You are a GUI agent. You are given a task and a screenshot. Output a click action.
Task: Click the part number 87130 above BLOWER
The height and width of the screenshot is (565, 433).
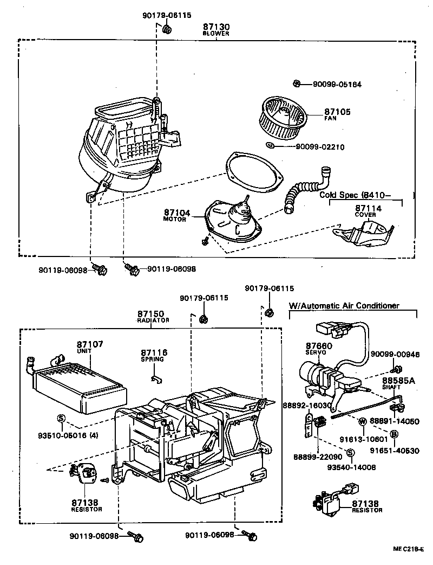pos(216,27)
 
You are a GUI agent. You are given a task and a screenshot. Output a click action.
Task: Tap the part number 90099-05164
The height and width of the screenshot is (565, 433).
pos(337,84)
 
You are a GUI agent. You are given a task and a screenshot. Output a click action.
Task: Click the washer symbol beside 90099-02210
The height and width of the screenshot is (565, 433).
pos(270,145)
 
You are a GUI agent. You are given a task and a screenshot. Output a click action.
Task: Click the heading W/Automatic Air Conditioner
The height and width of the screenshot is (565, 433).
pos(344,306)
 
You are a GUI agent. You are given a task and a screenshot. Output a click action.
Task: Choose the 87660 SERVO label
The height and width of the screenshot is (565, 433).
pos(319,348)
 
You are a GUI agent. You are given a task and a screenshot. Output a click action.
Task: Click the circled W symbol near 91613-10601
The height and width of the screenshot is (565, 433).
pos(362,421)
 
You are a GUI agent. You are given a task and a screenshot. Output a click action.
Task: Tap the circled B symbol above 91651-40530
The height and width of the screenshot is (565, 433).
pos(394,434)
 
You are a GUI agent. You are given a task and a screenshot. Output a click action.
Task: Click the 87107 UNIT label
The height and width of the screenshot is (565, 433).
pos(89,347)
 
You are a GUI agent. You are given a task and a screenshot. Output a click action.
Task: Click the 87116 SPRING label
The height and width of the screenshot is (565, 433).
pos(154,355)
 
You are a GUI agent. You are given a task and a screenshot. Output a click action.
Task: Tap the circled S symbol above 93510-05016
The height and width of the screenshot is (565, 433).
pos(61,418)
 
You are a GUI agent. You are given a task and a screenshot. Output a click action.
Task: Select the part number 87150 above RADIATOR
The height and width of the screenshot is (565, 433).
pos(150,314)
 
